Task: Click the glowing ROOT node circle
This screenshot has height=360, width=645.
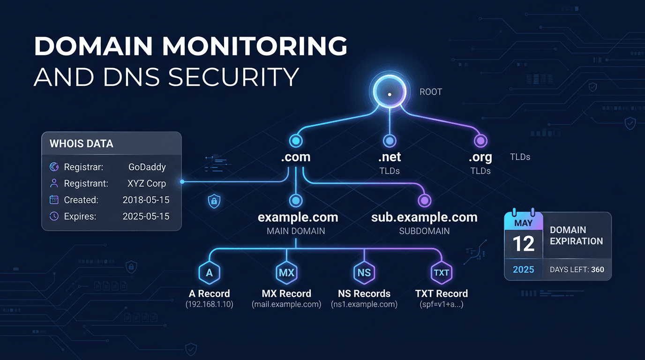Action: tap(389, 94)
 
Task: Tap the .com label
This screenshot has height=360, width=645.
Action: tap(295, 157)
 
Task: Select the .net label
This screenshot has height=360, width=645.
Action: tap(389, 157)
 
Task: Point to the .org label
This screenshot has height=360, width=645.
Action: tap(480, 157)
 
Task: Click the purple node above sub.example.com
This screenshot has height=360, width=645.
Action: tap(424, 201)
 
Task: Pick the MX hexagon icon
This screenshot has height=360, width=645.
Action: tap(286, 273)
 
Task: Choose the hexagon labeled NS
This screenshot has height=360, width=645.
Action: tap(364, 273)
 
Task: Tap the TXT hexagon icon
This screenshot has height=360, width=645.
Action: tap(441, 273)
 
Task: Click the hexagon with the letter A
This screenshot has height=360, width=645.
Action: tap(209, 273)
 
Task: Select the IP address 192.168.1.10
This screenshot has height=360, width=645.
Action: tap(209, 305)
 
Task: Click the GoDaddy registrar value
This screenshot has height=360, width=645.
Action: tap(147, 167)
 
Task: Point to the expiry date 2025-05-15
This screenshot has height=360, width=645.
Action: tap(146, 216)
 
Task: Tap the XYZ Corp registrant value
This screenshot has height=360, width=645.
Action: tap(147, 183)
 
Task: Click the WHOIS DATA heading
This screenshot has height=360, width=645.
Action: tap(82, 144)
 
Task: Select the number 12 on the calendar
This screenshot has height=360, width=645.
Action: tap(523, 244)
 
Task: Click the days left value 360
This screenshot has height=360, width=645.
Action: tap(598, 270)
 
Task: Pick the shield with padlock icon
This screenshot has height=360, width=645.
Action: tap(214, 202)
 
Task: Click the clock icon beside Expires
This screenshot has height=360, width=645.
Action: tap(54, 216)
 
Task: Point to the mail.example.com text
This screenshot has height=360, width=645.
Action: tap(286, 305)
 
